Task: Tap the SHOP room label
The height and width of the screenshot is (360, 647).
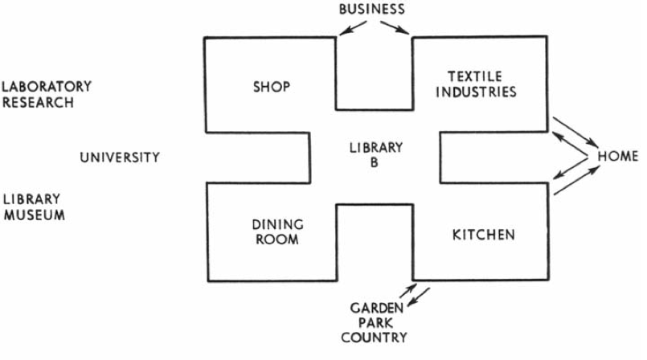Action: pos(270,86)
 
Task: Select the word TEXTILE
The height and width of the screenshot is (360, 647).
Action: pos(481,77)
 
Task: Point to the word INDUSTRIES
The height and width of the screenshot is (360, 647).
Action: pos(481,92)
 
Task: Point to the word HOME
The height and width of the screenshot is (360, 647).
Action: pos(617,156)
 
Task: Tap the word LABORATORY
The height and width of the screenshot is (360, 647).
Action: pos(47,86)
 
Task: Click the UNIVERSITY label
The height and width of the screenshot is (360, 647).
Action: pos(119,157)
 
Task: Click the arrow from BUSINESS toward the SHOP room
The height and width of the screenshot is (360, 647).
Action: pos(349,28)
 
